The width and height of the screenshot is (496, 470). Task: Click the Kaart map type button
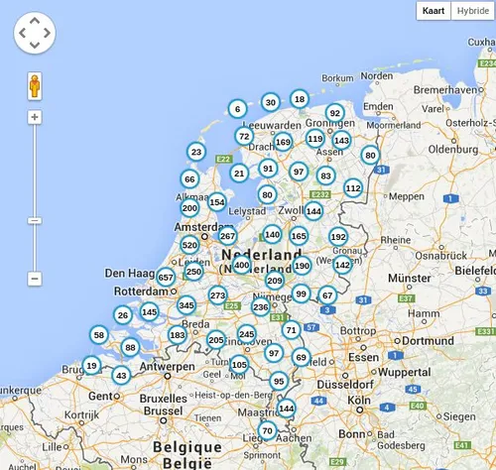433,11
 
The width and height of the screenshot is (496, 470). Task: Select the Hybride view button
471,11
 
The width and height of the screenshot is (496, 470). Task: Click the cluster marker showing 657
166,278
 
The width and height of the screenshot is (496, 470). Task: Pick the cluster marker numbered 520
189,245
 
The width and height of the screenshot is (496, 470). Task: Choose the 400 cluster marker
241,265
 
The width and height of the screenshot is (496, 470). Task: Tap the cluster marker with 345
186,305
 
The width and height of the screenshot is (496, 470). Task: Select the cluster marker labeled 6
236,108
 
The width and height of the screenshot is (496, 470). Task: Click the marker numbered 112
353,187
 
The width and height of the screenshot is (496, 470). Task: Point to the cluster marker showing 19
91,365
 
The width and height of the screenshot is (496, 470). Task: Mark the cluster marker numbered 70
267,430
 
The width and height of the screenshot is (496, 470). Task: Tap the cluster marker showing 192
338,237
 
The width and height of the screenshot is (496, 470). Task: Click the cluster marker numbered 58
98,335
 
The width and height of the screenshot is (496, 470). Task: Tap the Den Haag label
128,273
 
